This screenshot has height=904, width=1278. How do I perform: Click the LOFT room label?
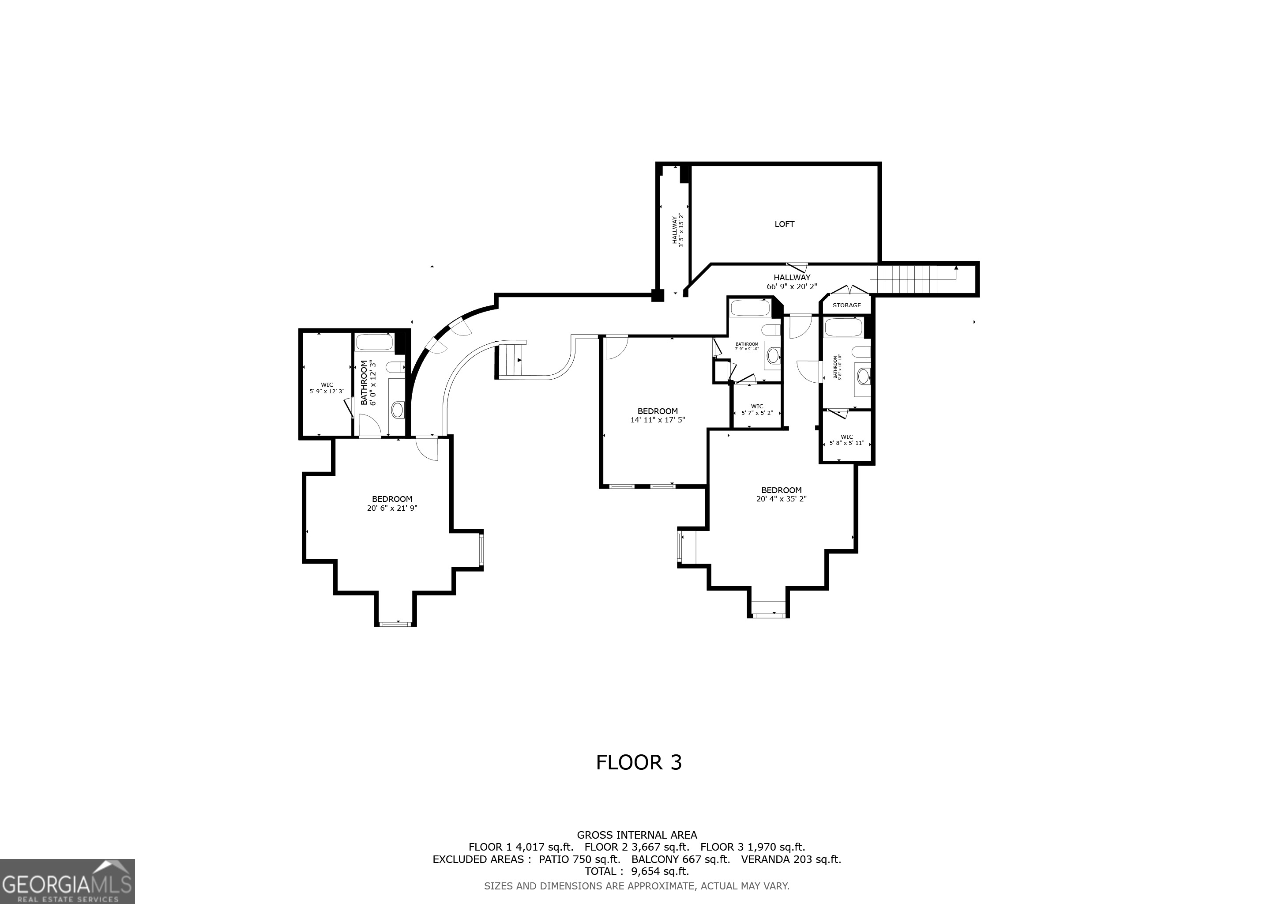(x=784, y=224)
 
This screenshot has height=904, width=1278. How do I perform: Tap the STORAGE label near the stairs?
(x=846, y=305)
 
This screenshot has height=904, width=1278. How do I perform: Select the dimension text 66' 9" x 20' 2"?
(x=792, y=286)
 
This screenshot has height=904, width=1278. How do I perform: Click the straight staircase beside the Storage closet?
(x=913, y=279)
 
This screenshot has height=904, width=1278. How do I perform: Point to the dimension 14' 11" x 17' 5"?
(x=658, y=420)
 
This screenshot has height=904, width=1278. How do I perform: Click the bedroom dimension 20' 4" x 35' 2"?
(x=781, y=499)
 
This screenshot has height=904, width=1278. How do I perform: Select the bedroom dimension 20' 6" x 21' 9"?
(x=392, y=508)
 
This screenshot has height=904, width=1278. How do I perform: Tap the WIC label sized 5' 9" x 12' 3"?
(x=327, y=388)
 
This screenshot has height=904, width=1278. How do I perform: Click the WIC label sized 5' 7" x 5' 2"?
(x=756, y=410)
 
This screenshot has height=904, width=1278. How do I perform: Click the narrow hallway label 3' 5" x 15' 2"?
(x=677, y=231)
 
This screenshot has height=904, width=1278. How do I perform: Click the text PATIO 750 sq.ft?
(x=579, y=859)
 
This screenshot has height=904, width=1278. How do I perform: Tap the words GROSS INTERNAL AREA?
(x=637, y=835)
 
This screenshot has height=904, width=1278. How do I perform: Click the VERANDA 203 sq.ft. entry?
(x=790, y=859)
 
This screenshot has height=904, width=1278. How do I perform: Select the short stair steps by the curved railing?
(x=510, y=360)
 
